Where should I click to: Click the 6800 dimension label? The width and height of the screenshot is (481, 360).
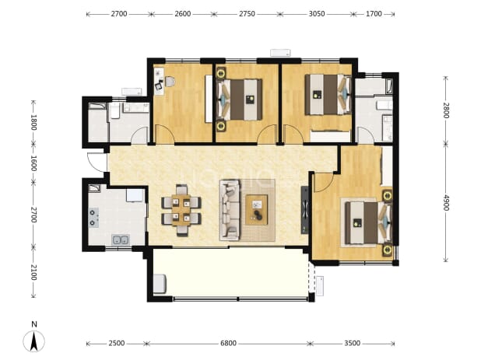point(229,343)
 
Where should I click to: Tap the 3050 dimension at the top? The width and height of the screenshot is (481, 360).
point(317,14)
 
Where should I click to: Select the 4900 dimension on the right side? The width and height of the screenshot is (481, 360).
point(446,203)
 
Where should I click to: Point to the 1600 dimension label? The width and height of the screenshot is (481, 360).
point(33,163)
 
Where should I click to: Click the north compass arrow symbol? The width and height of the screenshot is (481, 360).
point(33,341)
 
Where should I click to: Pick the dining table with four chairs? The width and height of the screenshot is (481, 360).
point(181,210)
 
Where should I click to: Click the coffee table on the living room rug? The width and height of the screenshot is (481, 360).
point(256,210)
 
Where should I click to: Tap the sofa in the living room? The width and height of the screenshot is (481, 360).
point(230,210)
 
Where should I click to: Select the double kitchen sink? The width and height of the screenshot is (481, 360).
point(120,240)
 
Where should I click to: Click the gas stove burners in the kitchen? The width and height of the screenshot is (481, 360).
point(93,218)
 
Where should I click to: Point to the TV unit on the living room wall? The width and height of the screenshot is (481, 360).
point(304,210)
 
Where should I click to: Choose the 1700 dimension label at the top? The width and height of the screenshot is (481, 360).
point(374,14)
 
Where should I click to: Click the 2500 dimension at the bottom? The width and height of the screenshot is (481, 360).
point(117,343)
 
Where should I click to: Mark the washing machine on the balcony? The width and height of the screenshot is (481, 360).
point(160,284)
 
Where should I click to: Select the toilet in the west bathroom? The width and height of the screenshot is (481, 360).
point(114,111)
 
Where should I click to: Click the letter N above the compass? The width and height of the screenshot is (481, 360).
point(34,324)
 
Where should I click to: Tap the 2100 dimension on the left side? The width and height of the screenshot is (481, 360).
point(33,272)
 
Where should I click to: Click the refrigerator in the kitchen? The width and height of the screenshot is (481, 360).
point(135,195)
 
